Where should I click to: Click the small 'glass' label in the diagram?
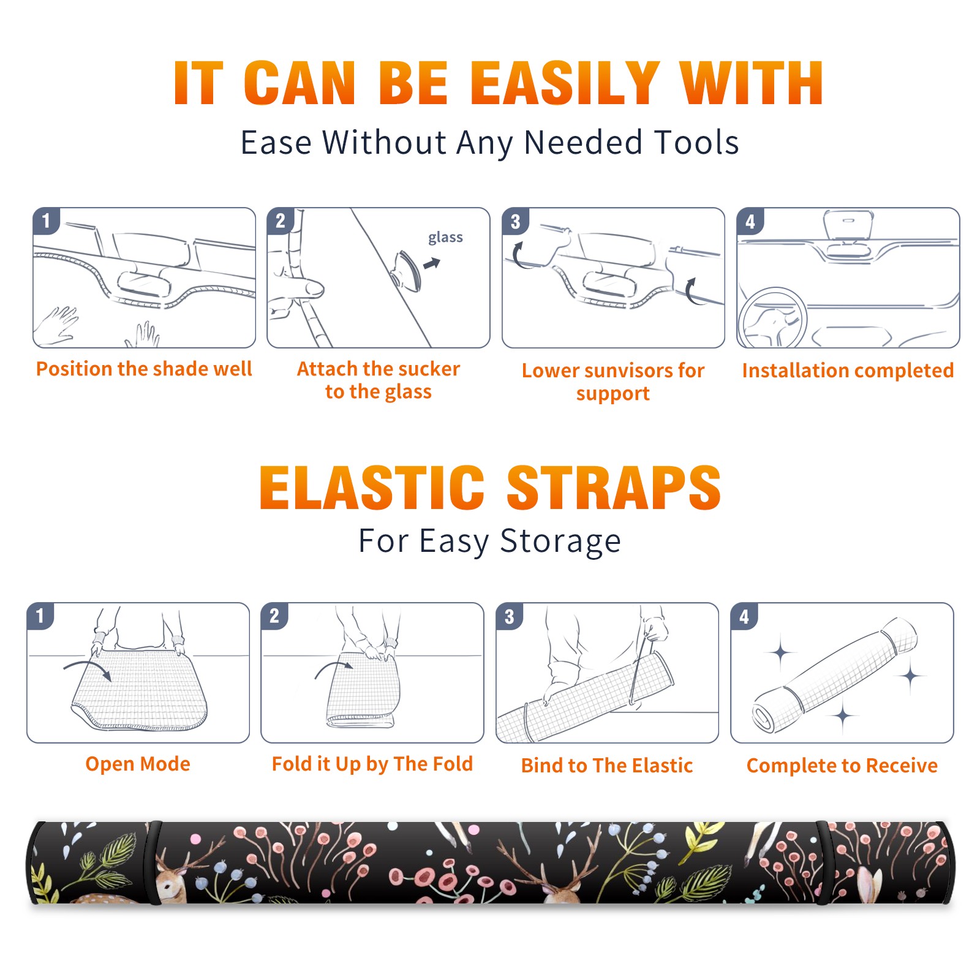pos(445,238)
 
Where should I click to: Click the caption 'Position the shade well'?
pos(144,369)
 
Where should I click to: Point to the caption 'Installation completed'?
pos(848,370)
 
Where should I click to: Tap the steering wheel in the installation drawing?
pos(772,318)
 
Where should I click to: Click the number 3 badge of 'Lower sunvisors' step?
pos(515,221)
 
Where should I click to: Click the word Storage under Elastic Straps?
pos(560,541)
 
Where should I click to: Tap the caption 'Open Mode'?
pos(138,764)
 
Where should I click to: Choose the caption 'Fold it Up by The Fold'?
pos(372,764)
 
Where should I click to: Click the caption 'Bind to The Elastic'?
pos(607,766)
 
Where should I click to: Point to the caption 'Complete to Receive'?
pos(842,766)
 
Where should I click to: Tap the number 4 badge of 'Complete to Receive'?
pos(744,616)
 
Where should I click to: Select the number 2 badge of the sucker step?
pos(281,221)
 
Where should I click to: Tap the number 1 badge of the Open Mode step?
pos(40,616)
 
